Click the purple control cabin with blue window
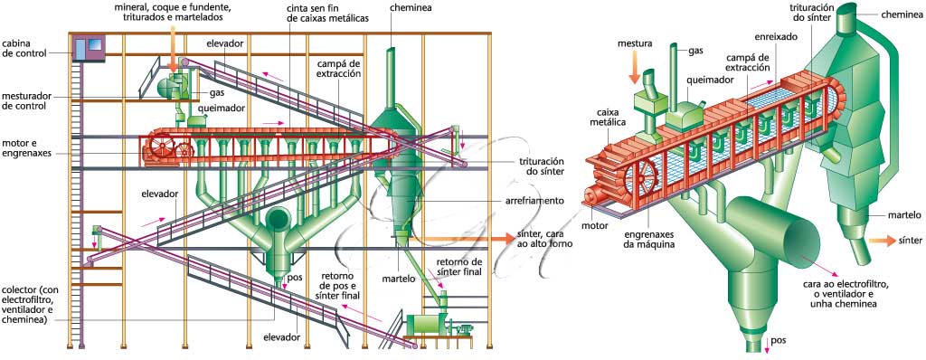tap(89, 47)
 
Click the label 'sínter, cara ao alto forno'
tap(544, 238)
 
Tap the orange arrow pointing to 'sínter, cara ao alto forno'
tap(461, 238)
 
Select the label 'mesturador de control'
tap(23, 100)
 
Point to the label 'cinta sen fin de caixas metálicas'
tap(327, 14)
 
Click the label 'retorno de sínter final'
tap(459, 267)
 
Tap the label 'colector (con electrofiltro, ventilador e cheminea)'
tap(30, 305)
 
